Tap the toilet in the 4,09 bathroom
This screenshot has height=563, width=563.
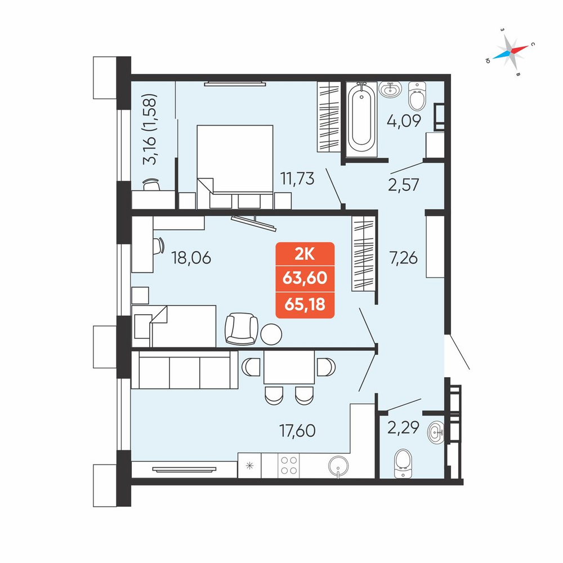click(417, 96)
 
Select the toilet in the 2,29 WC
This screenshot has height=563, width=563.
click(403, 463)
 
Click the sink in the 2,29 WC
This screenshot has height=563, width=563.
click(436, 432)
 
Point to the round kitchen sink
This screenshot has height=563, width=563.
click(338, 466)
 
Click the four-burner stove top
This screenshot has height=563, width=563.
click(289, 466)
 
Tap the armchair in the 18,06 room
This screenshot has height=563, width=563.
click(242, 329)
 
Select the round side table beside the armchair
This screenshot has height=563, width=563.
click(271, 334)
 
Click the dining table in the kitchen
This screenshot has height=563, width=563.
click(289, 367)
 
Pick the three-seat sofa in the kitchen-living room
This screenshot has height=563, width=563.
click(185, 370)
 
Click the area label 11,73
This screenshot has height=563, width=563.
click(297, 178)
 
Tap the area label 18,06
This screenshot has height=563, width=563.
click(191, 258)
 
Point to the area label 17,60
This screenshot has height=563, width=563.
click(297, 431)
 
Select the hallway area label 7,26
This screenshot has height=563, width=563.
click(403, 258)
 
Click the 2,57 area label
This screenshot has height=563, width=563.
click(404, 185)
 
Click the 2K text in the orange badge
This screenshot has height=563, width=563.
click(305, 254)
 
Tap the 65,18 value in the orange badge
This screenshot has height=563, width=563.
click(305, 305)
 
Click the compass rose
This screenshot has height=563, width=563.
click(510, 52)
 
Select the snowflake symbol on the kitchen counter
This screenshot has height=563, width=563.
click(249, 466)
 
